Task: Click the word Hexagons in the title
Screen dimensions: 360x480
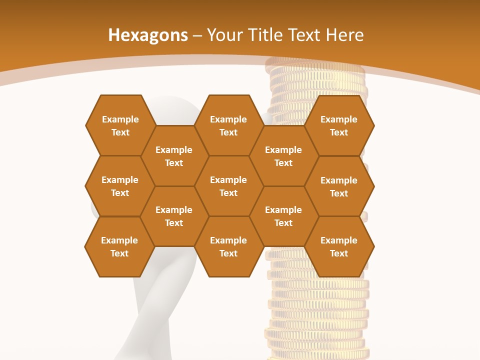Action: point(148,35)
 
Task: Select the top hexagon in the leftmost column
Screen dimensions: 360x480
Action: point(120,125)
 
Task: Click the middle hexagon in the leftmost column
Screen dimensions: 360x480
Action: point(120,186)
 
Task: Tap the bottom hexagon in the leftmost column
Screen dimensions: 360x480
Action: point(119,246)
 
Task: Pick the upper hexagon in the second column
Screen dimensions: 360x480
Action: point(174,156)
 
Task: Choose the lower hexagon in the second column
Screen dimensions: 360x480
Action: point(174,216)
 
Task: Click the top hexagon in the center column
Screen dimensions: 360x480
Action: point(228,125)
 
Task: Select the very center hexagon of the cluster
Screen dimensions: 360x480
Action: point(228,186)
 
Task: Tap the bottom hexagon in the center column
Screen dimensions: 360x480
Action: point(228,246)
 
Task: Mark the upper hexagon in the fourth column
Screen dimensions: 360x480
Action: point(283,156)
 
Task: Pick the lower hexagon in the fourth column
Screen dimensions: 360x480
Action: point(283,216)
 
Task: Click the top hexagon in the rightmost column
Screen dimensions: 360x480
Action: point(339,125)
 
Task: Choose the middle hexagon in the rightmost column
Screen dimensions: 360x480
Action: point(339,186)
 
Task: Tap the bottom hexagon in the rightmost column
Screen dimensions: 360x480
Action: point(339,246)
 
